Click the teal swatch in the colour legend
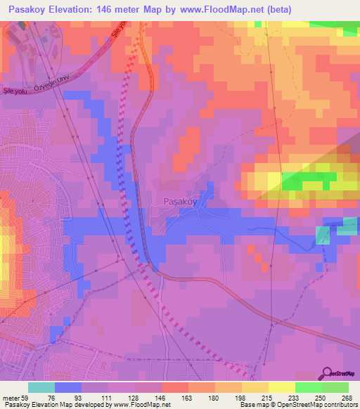tap(41, 387)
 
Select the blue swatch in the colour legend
tap(68, 387)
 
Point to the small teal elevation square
tap(322, 235)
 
